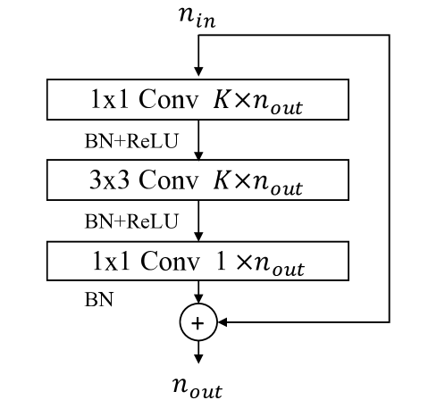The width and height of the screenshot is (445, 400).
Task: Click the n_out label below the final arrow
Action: tap(197, 387)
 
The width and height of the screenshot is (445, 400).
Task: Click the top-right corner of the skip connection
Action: tap(390, 36)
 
